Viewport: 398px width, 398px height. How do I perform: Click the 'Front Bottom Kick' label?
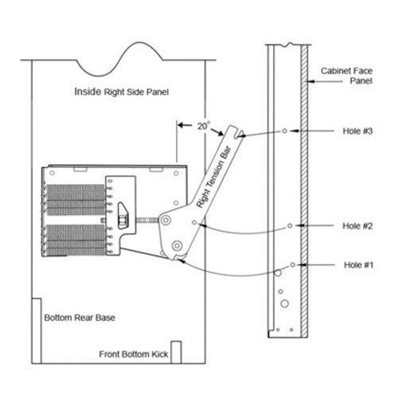pyautogui.click(x=134, y=354)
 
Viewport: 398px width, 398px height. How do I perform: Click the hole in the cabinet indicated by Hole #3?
pyautogui.click(x=284, y=131)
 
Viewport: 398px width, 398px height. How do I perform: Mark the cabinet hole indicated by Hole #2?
pyautogui.click(x=291, y=225)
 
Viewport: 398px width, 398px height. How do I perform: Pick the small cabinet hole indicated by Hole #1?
pyautogui.click(x=293, y=264)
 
